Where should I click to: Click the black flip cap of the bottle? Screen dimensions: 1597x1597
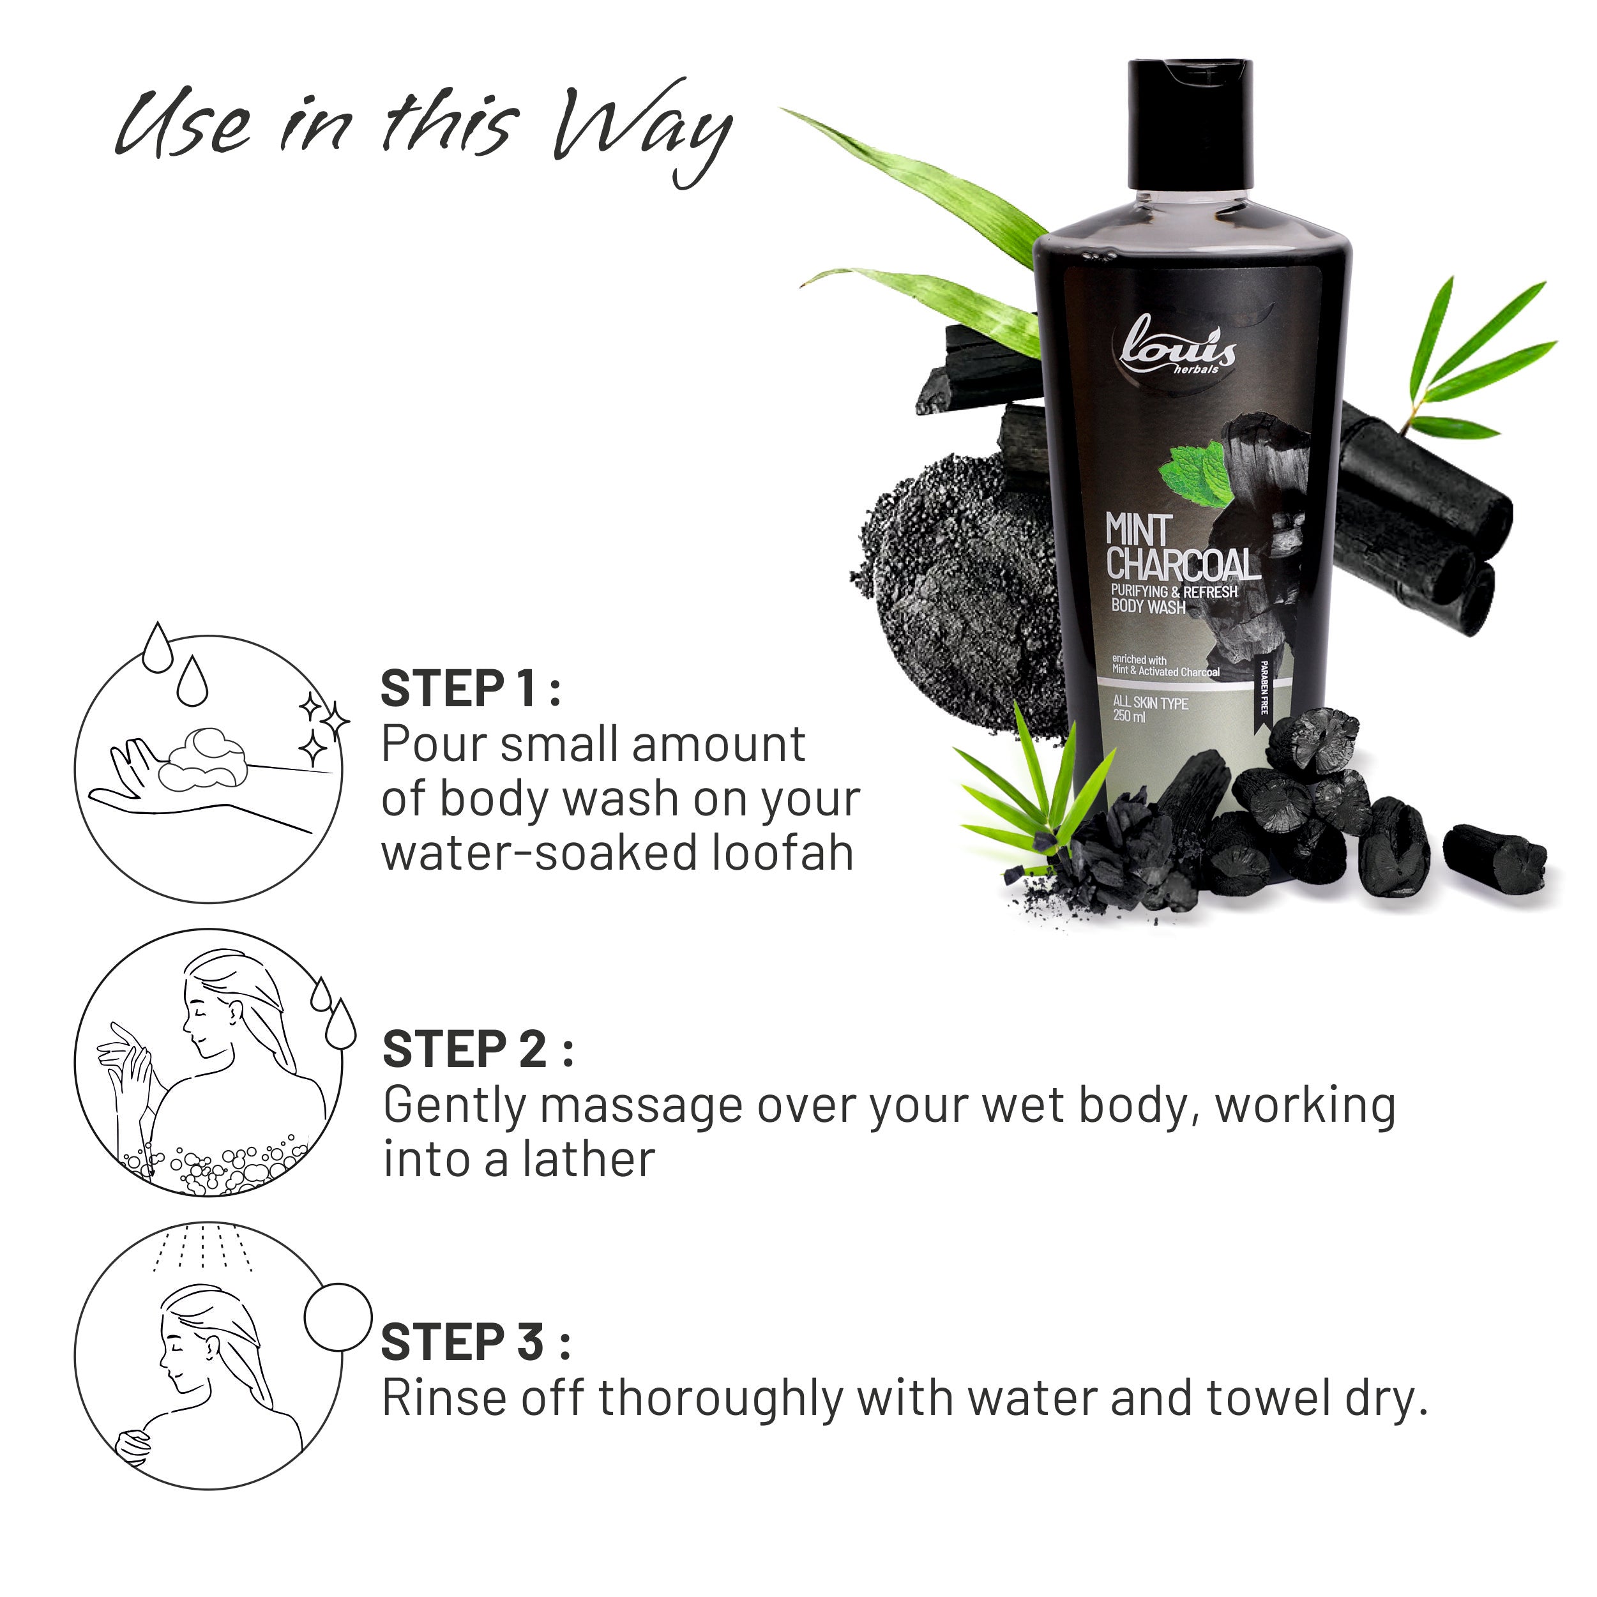tap(1190, 124)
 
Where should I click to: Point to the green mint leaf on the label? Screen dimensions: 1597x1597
tap(1195, 474)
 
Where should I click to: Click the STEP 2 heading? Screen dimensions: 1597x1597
tap(477, 1050)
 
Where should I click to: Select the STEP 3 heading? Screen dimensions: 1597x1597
tap(474, 1342)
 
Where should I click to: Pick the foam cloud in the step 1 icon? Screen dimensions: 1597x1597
tap(203, 758)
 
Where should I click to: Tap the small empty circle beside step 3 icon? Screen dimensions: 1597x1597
tap(338, 1317)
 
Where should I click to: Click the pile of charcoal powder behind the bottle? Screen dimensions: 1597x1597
tap(959, 595)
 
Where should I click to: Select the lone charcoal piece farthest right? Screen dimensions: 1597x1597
tap(1494, 859)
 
